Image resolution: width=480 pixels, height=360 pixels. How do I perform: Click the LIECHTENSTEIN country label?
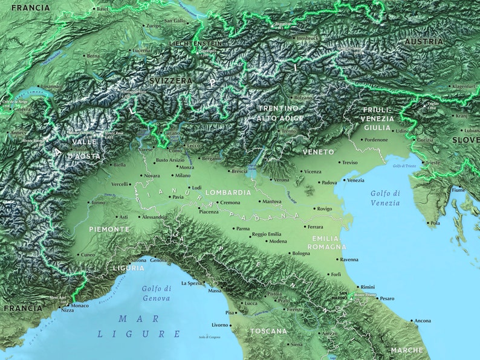(x=196, y=43)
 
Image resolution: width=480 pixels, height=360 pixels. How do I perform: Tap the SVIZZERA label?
(x=172, y=80)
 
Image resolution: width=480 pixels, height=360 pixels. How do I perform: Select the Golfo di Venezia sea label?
(x=385, y=198)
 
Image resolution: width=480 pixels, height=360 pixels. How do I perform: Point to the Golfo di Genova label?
(x=157, y=293)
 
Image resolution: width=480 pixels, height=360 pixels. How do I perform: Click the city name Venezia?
(x=356, y=180)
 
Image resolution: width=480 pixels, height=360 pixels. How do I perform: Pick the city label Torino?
(x=98, y=203)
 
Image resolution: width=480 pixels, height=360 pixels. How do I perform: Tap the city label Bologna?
(x=301, y=253)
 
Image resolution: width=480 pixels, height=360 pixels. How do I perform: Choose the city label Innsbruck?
(x=308, y=38)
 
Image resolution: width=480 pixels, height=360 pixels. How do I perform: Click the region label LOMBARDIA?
(x=228, y=192)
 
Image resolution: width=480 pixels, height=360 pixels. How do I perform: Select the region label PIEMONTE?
(x=109, y=230)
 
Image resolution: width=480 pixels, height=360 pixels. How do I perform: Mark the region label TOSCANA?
(x=268, y=331)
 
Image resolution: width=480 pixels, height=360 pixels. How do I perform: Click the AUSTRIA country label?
(x=424, y=42)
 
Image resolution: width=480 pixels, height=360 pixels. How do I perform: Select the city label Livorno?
(x=220, y=325)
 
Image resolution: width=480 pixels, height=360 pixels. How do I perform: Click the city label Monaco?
(x=80, y=306)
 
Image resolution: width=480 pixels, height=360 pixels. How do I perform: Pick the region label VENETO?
(x=318, y=152)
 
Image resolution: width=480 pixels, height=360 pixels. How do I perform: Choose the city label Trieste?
(x=433, y=162)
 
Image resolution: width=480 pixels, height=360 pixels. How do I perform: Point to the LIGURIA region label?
(x=128, y=268)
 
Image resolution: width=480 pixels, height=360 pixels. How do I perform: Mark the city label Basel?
(x=102, y=9)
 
